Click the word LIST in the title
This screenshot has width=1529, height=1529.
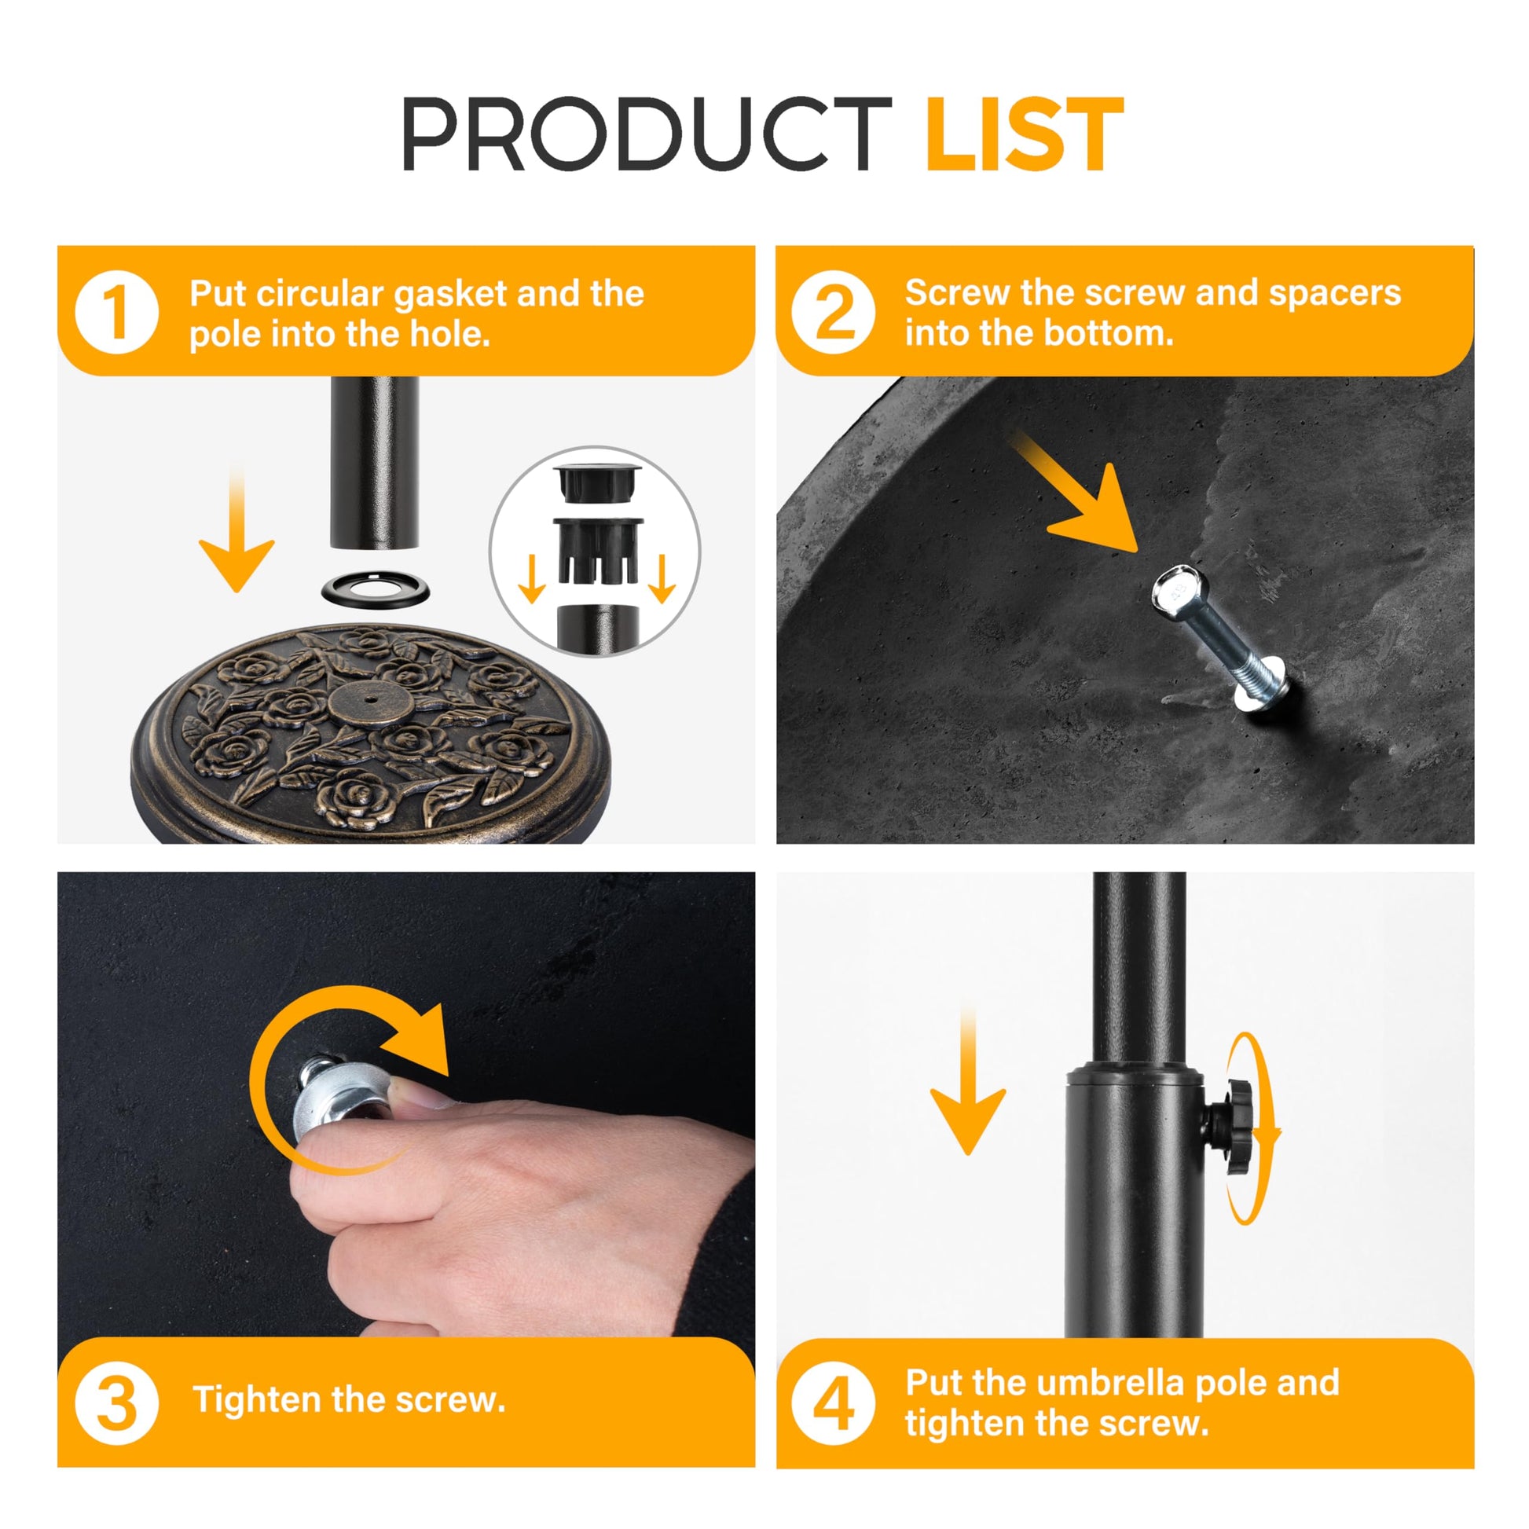[x=1024, y=134]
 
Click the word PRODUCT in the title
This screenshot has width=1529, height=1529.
[x=647, y=134]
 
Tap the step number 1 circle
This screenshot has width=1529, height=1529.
[x=116, y=312]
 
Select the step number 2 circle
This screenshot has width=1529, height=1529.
[x=834, y=312]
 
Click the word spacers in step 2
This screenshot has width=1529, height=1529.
[x=1334, y=294]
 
